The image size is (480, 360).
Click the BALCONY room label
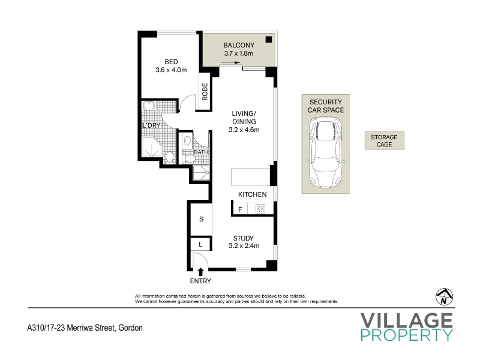pos(239,46)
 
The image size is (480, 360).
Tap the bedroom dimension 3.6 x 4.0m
pos(171,70)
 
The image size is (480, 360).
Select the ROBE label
pos(205,92)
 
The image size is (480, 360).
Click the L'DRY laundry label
pos(152,125)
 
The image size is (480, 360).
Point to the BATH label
pos(201,152)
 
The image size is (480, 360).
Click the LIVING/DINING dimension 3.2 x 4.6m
pos(244,130)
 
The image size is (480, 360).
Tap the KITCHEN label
pos(252,194)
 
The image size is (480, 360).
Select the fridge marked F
pos(241,209)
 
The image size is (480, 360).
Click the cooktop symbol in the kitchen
pos(260,209)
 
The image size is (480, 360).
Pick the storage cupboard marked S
pos(201,219)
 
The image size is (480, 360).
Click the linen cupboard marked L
pos(200,244)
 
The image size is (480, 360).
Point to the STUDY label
pos(244,238)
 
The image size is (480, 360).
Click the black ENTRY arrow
pos(201,272)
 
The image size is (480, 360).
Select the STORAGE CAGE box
pos(385,140)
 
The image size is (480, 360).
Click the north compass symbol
pos(444,296)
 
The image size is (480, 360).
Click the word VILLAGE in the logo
pos(407,320)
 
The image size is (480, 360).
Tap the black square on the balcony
pos(269,39)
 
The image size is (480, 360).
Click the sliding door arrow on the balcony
pos(230,63)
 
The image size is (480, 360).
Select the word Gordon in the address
pos(130,328)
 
